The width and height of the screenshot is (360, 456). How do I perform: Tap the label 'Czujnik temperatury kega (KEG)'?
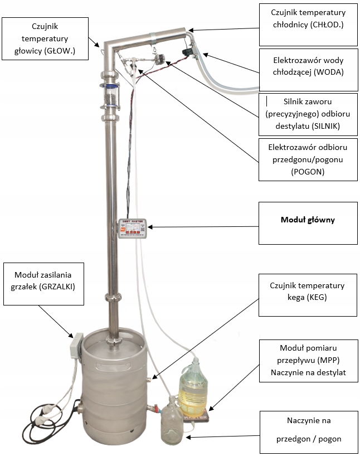point(309,292)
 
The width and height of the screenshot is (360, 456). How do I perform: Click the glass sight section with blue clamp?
point(110,96)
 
